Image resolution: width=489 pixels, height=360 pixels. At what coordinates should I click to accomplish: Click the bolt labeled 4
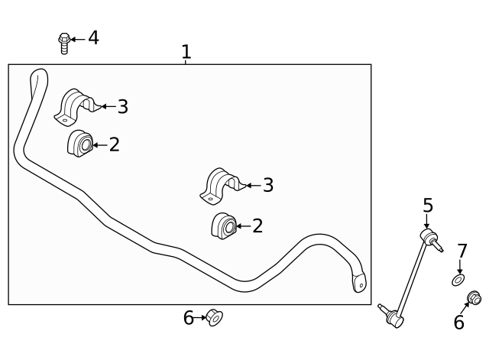[x=64, y=43]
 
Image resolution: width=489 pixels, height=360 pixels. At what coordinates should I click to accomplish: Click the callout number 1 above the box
[x=186, y=52]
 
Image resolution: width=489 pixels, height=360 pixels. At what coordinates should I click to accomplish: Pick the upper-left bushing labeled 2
[x=80, y=144]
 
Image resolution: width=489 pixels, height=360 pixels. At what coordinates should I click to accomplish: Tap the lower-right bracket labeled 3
[x=223, y=186]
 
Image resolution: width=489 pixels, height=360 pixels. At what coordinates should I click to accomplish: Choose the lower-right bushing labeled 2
[x=224, y=225]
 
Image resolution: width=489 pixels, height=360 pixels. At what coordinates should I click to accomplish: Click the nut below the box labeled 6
[x=215, y=317]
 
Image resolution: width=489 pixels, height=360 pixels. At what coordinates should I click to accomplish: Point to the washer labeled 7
[x=458, y=280]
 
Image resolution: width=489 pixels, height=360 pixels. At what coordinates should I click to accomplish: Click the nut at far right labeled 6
[x=474, y=298]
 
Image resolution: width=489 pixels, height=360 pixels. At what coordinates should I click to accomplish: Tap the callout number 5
[x=428, y=206]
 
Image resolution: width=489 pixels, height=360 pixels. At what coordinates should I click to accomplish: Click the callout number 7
[x=461, y=251]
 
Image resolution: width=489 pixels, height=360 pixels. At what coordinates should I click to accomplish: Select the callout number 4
[x=93, y=37]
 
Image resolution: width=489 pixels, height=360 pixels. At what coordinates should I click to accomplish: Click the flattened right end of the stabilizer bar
[x=359, y=283]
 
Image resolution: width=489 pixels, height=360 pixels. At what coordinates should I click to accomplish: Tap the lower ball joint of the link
[x=394, y=319]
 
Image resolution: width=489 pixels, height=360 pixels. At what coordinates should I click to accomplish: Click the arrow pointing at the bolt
[x=78, y=39]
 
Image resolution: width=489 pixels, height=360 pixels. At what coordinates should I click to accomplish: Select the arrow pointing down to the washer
[x=460, y=267]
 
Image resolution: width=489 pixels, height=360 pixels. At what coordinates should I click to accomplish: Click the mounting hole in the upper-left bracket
[x=64, y=120]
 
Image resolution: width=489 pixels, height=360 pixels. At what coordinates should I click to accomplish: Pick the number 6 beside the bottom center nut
[x=189, y=318]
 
